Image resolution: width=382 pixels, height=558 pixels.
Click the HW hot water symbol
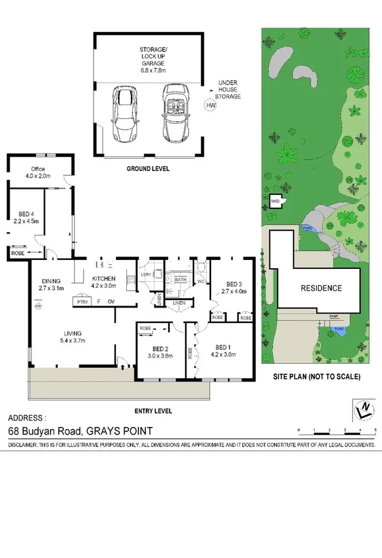click(210, 105)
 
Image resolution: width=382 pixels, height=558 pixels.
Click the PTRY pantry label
click(83, 301)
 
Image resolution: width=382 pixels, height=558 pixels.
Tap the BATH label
click(180, 279)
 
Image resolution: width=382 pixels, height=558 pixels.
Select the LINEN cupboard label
click(178, 303)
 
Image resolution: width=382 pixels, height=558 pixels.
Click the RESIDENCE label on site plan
click(322, 288)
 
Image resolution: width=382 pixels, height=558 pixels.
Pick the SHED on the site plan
click(275, 202)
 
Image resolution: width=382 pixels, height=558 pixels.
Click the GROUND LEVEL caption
click(147, 168)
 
